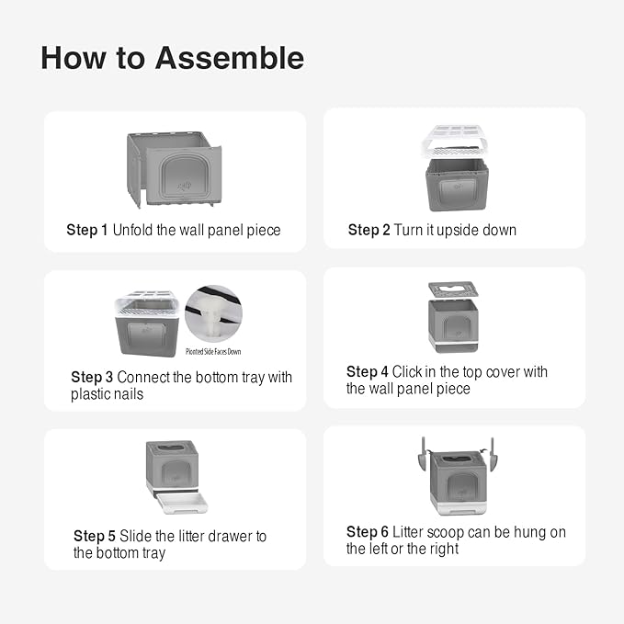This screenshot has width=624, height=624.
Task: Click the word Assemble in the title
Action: (230, 58)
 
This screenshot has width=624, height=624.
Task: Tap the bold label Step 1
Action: (87, 230)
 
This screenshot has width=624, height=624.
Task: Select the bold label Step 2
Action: (369, 230)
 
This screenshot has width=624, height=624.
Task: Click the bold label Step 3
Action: (92, 377)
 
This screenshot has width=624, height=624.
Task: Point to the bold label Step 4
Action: (368, 371)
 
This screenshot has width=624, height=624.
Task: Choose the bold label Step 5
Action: (95, 536)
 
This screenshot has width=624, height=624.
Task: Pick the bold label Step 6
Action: (368, 532)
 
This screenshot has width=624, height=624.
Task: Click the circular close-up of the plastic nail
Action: (214, 313)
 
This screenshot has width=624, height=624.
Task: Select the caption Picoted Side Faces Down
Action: (213, 351)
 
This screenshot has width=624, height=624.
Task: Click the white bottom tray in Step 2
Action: (455, 142)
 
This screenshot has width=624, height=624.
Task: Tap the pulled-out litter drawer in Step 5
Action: (183, 503)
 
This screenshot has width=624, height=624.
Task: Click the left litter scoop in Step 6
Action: (423, 455)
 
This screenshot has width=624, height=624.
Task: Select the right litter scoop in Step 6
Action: (492, 455)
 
